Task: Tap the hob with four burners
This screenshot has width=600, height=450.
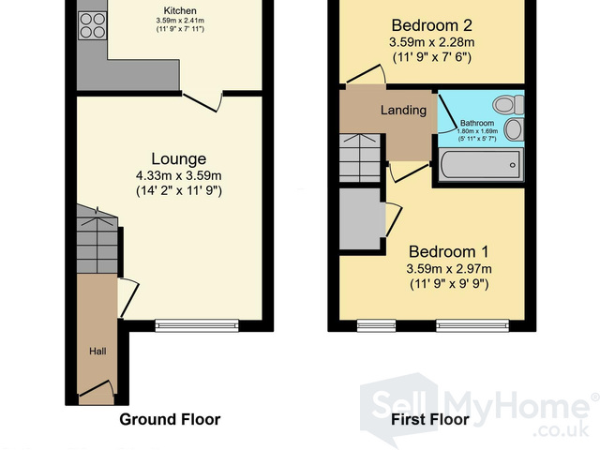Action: (x=92, y=25)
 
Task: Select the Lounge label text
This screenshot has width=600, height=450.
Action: (x=179, y=158)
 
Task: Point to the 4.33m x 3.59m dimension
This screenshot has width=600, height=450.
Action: (x=179, y=175)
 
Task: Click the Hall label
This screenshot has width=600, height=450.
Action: (x=97, y=352)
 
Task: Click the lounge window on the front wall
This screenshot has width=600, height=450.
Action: (x=197, y=325)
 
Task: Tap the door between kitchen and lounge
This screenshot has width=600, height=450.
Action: (x=202, y=101)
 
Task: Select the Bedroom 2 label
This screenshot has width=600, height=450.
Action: (x=431, y=25)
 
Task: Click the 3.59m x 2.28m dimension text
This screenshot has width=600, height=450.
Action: (x=431, y=42)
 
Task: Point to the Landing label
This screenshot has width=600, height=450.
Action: (x=403, y=111)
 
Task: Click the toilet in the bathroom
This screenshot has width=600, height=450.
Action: (x=508, y=105)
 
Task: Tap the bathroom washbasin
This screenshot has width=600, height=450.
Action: (x=514, y=129)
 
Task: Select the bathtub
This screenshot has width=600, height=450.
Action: (x=481, y=165)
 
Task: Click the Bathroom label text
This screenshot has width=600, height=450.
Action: (x=477, y=123)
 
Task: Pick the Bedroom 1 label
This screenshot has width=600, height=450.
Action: (x=449, y=252)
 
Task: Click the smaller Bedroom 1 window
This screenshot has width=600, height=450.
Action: (x=377, y=325)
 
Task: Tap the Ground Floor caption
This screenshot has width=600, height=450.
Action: (x=170, y=419)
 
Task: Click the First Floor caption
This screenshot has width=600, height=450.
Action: (x=430, y=419)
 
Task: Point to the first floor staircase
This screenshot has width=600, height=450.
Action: (x=360, y=157)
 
